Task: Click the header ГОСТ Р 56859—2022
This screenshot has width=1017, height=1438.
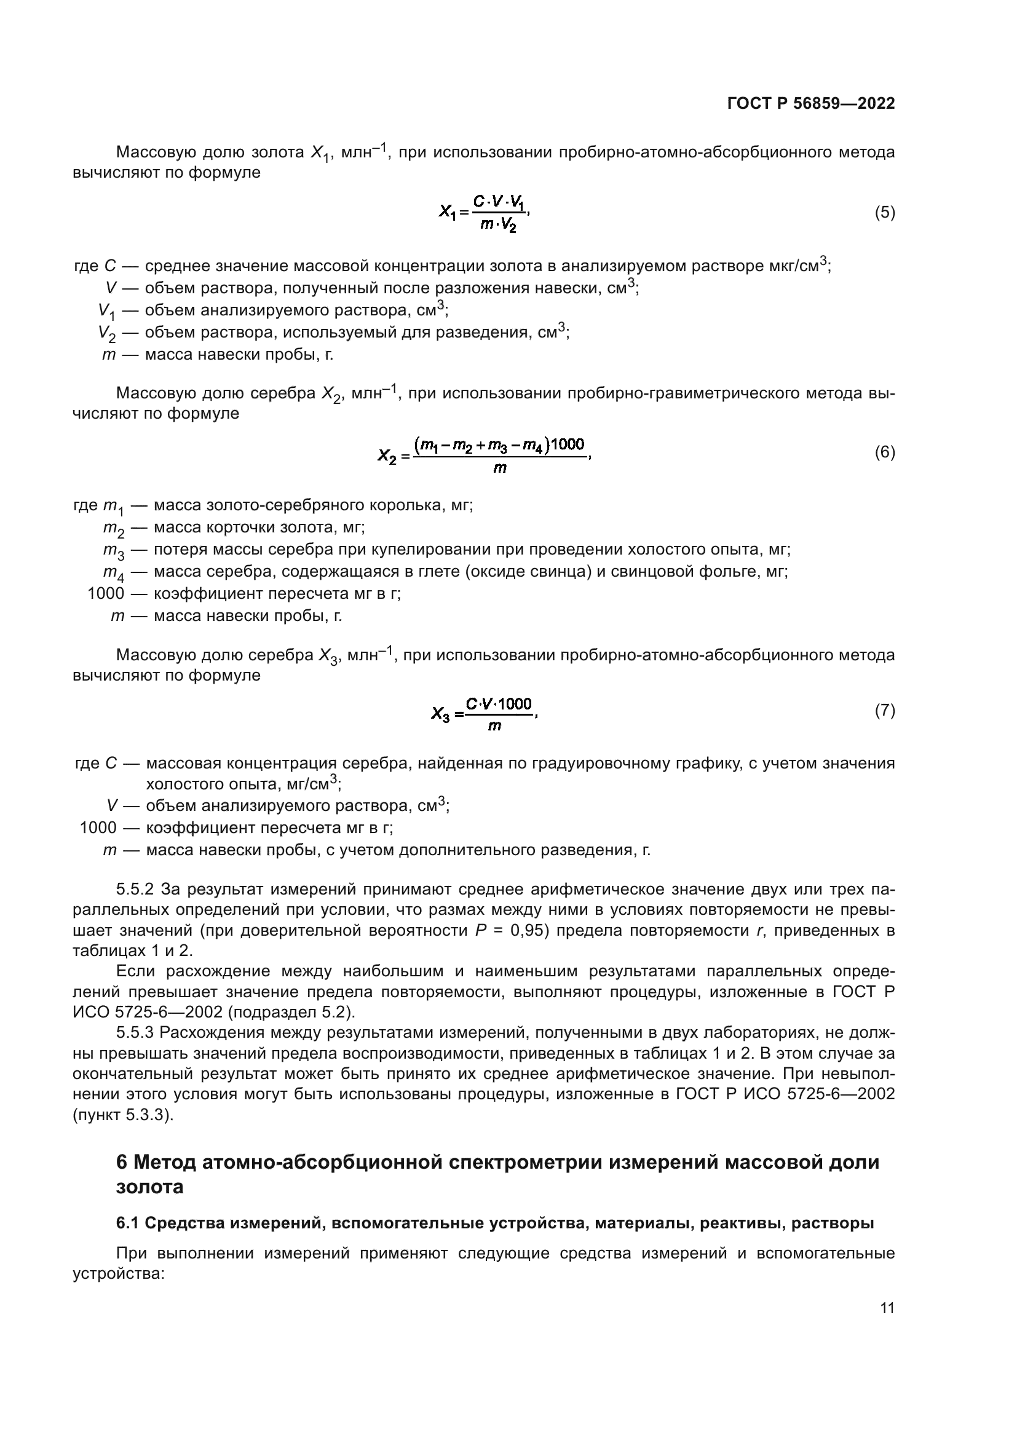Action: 811,103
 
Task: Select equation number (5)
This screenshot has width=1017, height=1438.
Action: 884,213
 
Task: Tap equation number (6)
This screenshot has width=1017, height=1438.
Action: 884,452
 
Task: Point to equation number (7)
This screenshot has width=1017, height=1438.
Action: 884,710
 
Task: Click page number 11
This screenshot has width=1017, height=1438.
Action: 887,1308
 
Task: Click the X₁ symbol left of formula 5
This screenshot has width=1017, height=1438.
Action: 448,213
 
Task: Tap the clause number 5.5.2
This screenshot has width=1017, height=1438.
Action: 135,890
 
